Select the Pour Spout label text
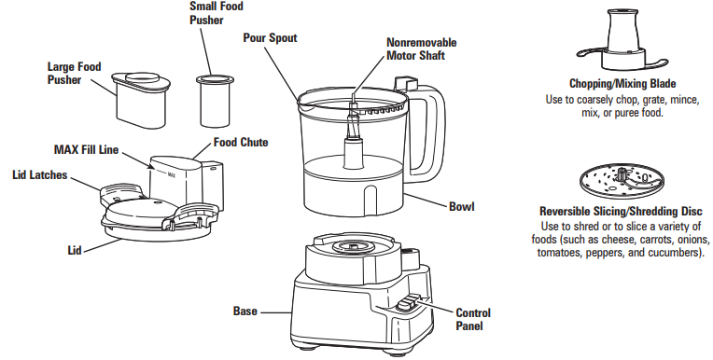[272, 38]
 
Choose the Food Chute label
[241, 143]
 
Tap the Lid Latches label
[38, 174]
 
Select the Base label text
[245, 311]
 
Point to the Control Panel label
[472, 319]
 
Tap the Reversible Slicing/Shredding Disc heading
[621, 212]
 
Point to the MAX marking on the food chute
[171, 173]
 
